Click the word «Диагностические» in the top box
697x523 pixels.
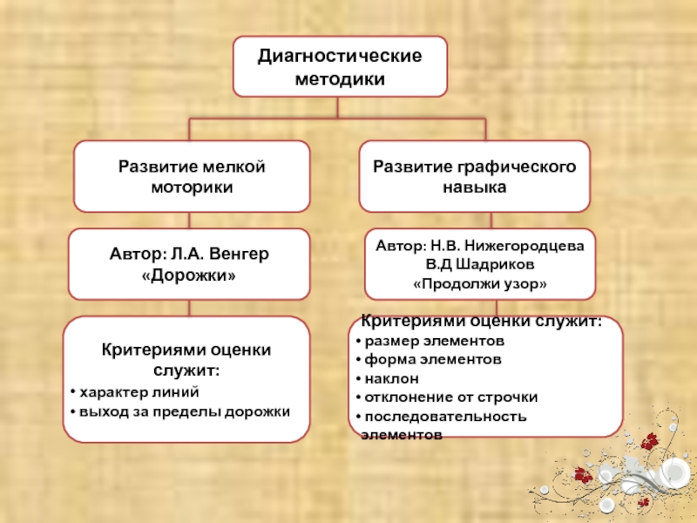(340, 57)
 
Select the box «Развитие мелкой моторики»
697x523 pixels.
(192, 177)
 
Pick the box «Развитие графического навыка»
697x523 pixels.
(475, 177)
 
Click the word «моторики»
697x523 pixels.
(192, 187)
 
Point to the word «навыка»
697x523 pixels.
(475, 187)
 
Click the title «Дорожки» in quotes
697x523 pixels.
(189, 275)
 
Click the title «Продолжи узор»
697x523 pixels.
(480, 284)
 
